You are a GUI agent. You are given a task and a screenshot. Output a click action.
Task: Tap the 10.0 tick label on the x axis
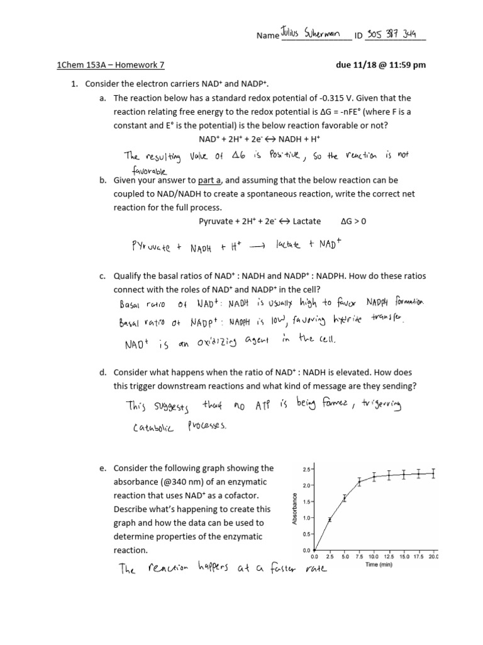point(374,556)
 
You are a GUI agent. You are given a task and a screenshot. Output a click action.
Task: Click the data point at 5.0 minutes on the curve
point(345,498)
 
